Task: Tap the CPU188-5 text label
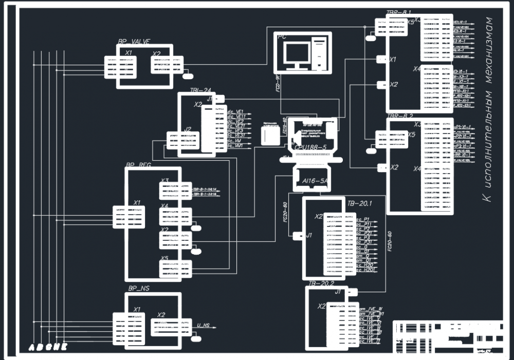click(310, 147)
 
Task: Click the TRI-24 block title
click(201, 90)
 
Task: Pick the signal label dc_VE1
click(235, 111)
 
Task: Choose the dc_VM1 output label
click(235, 146)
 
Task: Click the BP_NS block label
click(139, 289)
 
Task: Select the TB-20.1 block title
click(359, 204)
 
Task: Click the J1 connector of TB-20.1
click(298, 236)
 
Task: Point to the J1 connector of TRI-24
click(219, 99)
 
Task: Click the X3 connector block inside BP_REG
click(175, 190)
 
